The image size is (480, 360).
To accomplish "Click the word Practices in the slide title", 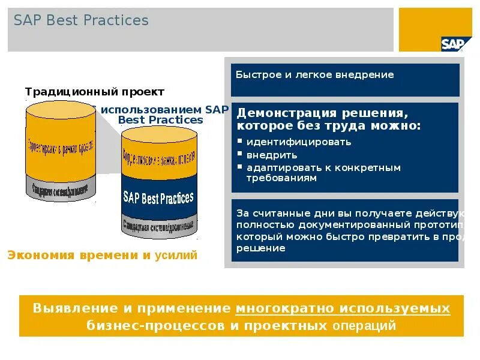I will (116, 20).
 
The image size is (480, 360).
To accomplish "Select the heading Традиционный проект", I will (94, 92).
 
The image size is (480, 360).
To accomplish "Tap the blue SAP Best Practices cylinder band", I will (159, 197).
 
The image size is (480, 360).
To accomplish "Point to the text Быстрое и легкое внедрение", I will (314, 75).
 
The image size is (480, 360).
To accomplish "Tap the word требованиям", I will (281, 178).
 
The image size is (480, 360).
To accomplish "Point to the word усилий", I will (176, 256).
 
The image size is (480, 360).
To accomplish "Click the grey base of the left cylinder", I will (60, 190).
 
